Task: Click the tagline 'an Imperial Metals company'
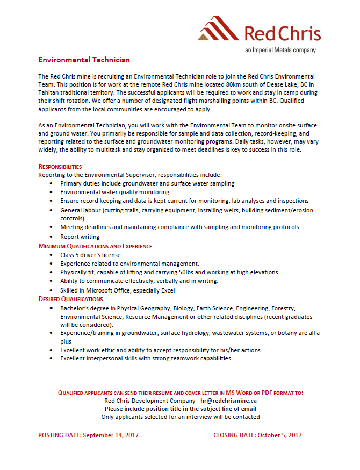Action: (280, 50)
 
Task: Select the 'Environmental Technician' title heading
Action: (84, 60)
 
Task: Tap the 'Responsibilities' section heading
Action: (60, 167)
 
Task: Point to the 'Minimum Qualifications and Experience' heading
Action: (95, 246)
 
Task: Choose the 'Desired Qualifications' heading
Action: (70, 299)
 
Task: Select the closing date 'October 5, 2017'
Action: (279, 436)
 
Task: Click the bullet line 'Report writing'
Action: (80, 237)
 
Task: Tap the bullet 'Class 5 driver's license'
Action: (90, 255)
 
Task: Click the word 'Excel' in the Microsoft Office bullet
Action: (168, 290)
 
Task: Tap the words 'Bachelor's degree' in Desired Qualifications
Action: (85, 308)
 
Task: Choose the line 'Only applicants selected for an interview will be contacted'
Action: (181, 417)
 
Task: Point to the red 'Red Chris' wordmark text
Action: (283, 33)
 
